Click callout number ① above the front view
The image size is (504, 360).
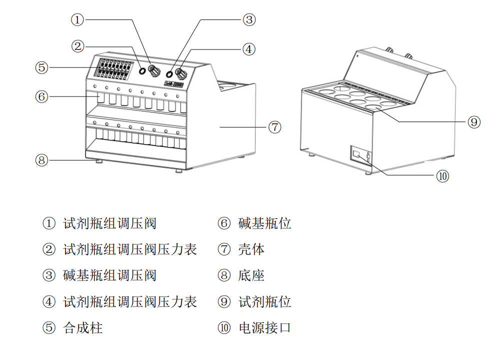[x=77, y=20]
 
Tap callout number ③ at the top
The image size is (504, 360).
[x=249, y=20]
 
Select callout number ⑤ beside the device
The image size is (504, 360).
[x=41, y=67]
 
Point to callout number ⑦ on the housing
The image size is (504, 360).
[x=274, y=127]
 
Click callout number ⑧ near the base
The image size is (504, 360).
[x=41, y=160]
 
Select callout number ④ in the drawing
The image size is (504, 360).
[x=249, y=49]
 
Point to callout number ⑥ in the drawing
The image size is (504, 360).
[x=41, y=96]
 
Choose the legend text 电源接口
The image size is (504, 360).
[x=264, y=328]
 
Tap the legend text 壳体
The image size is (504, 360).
[x=251, y=249]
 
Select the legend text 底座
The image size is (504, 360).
[x=251, y=275]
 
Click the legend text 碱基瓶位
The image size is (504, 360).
[x=264, y=223]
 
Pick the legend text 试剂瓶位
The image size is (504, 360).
[x=264, y=302]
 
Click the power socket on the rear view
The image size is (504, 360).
[x=358, y=155]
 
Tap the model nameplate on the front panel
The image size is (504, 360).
[x=175, y=85]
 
